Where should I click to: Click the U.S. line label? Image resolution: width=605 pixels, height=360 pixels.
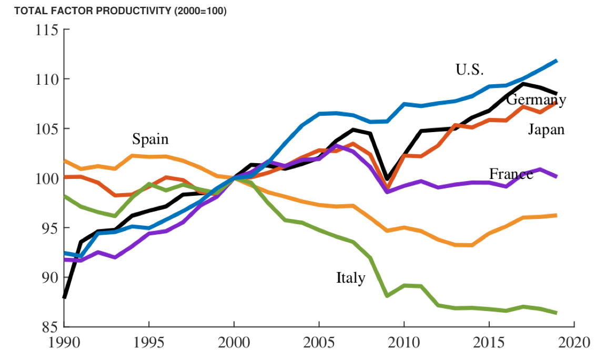469,69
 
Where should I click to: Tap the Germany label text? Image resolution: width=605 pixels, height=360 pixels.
536,99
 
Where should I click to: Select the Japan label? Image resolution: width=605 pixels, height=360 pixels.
546,129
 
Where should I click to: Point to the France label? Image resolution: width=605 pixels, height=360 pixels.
511,174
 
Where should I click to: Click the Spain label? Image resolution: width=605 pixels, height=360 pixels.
150,139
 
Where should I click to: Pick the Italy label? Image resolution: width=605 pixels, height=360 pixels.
350,277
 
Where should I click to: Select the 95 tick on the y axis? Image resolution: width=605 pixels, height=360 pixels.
49,228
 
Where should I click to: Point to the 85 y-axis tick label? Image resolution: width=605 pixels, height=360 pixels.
49,327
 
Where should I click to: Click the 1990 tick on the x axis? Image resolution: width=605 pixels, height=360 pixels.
64,342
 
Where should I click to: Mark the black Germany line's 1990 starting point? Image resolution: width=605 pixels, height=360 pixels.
64,297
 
